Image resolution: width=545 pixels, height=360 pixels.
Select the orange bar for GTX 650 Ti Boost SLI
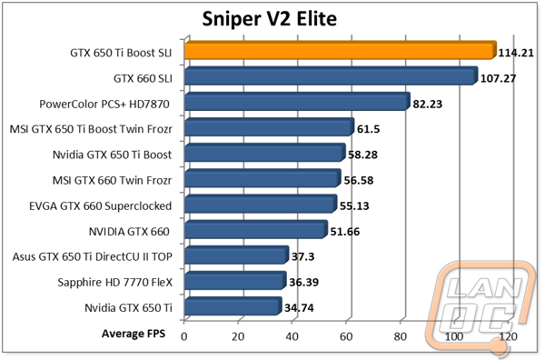339,52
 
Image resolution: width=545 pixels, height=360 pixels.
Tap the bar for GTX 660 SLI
330,77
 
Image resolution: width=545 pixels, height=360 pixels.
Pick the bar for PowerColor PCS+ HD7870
296,104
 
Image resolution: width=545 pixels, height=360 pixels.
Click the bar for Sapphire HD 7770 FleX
234,283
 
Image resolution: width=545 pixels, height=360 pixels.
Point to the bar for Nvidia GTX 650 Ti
232,308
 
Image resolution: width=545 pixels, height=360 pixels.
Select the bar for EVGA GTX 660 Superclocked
259,205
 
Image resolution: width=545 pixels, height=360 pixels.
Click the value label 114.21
517,53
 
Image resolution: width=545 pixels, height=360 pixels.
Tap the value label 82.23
431,104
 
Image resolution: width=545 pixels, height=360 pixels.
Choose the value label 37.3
304,257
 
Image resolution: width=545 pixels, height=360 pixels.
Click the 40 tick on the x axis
292,336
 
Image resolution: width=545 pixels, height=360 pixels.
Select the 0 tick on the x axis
184,336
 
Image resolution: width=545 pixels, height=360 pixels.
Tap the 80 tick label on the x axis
399,336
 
